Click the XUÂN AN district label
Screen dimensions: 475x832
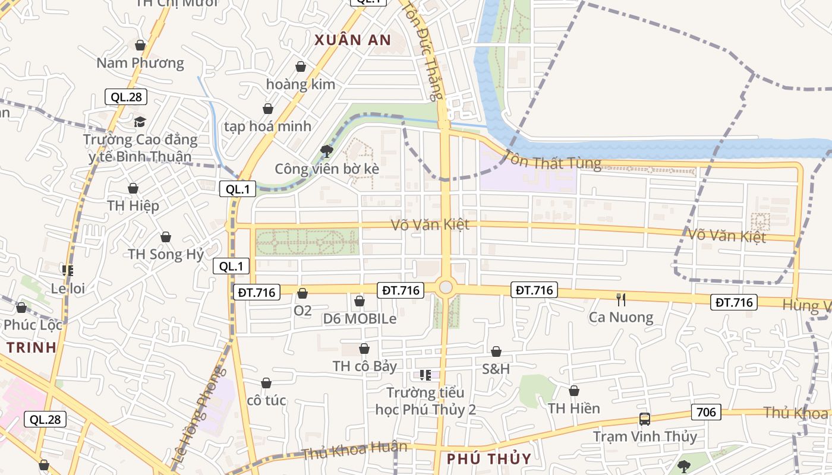352,40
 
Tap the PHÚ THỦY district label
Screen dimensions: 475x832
489,459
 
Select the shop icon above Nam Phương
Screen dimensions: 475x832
140,45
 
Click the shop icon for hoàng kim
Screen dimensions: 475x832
301,66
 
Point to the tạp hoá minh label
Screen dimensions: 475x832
267,126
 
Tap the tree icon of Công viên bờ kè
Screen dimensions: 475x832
326,151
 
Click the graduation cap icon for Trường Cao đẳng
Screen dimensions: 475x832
140,122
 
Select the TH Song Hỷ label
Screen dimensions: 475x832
166,254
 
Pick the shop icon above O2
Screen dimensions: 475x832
302,293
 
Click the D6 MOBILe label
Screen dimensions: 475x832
360,319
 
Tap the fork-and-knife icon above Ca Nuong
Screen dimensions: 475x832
621,299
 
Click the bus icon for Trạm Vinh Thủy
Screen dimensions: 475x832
645,419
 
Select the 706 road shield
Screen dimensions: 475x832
706,411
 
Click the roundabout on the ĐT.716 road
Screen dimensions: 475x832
446,288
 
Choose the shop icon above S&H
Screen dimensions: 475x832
496,351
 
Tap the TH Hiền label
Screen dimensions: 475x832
573,408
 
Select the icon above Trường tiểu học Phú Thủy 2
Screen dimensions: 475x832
425,375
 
